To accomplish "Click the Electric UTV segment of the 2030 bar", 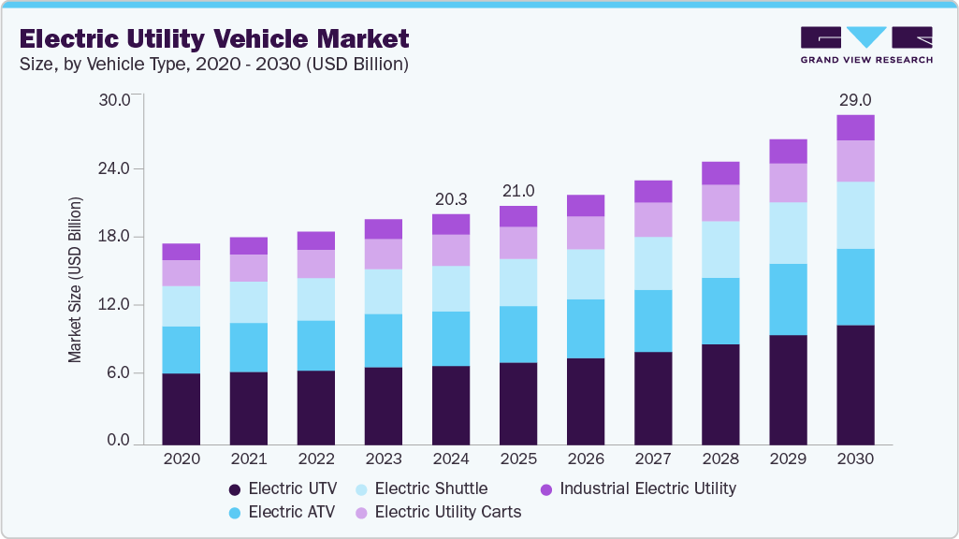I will [855, 384].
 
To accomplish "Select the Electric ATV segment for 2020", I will [182, 350].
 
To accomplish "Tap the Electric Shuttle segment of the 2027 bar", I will [653, 263].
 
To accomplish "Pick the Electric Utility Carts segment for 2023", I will [384, 254].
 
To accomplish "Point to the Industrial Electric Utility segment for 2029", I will [788, 152].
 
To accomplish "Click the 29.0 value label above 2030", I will [855, 99].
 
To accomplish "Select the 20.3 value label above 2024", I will [451, 199].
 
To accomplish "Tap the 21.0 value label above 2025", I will [518, 191].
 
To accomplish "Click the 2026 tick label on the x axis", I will [586, 459].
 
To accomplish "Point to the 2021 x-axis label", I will [249, 459].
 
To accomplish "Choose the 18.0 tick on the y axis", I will [118, 237].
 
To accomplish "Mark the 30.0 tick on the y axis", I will [118, 100].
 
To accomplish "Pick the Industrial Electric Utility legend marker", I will [547, 488].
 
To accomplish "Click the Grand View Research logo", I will [866, 46].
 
